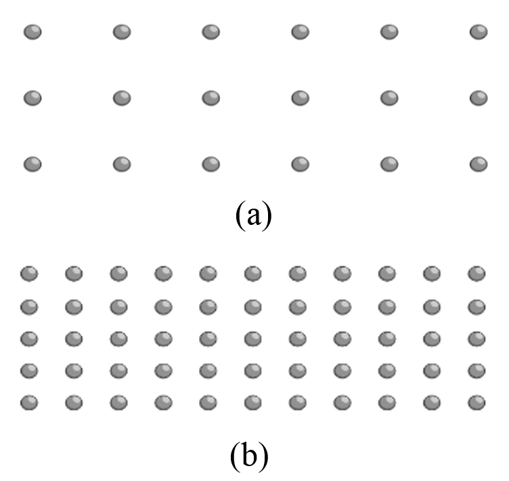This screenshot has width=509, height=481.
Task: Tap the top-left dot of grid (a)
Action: (32, 32)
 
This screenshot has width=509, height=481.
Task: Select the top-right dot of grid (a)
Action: (479, 32)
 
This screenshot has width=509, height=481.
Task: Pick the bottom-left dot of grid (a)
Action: (32, 164)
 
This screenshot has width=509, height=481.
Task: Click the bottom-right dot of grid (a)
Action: (479, 164)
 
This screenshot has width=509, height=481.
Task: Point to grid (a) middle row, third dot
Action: (211, 98)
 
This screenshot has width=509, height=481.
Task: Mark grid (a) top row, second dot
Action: (122, 32)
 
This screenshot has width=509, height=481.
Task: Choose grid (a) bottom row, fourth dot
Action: (301, 164)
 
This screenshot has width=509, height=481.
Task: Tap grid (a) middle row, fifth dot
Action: (389, 98)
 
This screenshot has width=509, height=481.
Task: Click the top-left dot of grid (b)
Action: (29, 274)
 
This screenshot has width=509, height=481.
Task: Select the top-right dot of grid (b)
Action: (477, 274)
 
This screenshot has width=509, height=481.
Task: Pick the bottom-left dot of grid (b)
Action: (29, 402)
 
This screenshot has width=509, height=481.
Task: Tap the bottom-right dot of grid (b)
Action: (477, 402)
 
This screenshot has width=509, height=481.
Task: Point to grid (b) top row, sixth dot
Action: (253, 274)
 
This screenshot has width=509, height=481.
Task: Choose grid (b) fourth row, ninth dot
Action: (387, 370)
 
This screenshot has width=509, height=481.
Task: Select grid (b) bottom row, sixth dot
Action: (253, 402)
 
